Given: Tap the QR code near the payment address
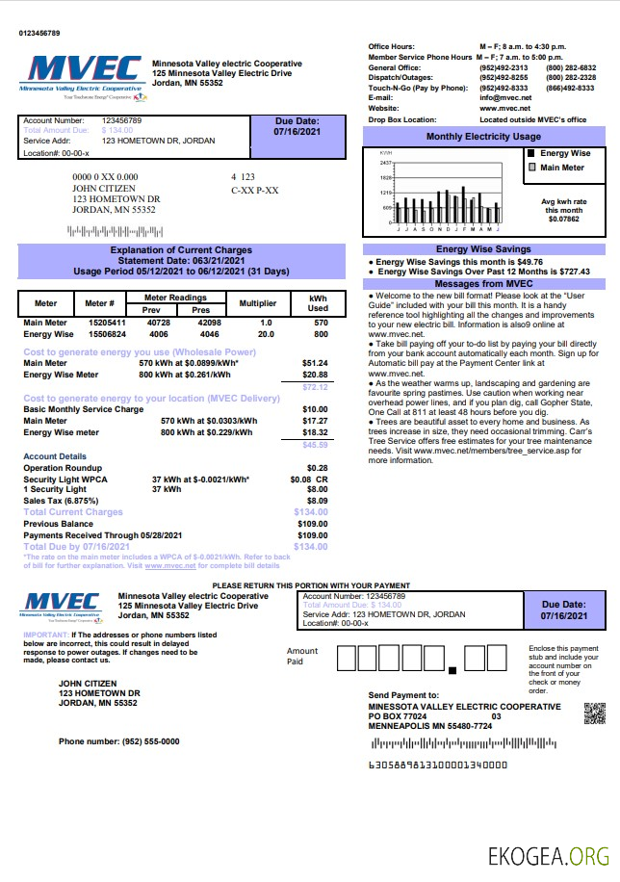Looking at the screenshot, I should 594,713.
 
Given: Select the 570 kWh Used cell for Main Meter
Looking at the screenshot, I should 321,323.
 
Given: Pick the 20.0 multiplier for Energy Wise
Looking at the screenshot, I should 266,334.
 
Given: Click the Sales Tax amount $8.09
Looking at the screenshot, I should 317,501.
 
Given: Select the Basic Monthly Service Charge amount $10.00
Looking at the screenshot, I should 315,410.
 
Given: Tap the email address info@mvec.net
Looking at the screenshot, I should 505,98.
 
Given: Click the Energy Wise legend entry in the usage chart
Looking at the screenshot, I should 563,153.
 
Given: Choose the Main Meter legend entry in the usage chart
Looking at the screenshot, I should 560,168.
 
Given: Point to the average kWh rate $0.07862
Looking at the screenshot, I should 564,220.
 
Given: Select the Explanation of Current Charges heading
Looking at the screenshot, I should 181,250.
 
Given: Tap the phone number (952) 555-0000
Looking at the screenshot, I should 118,741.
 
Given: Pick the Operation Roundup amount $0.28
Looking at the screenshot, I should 317,467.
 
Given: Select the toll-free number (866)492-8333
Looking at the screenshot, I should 570,88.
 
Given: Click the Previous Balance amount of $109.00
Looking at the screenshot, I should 313,524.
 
